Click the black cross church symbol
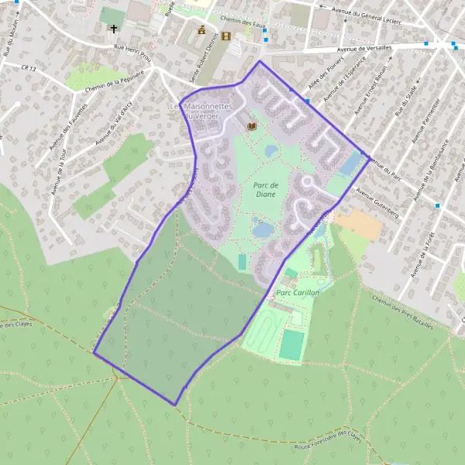click(x=113, y=29)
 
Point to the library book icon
click(x=251, y=126)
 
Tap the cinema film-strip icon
click(x=226, y=36)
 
